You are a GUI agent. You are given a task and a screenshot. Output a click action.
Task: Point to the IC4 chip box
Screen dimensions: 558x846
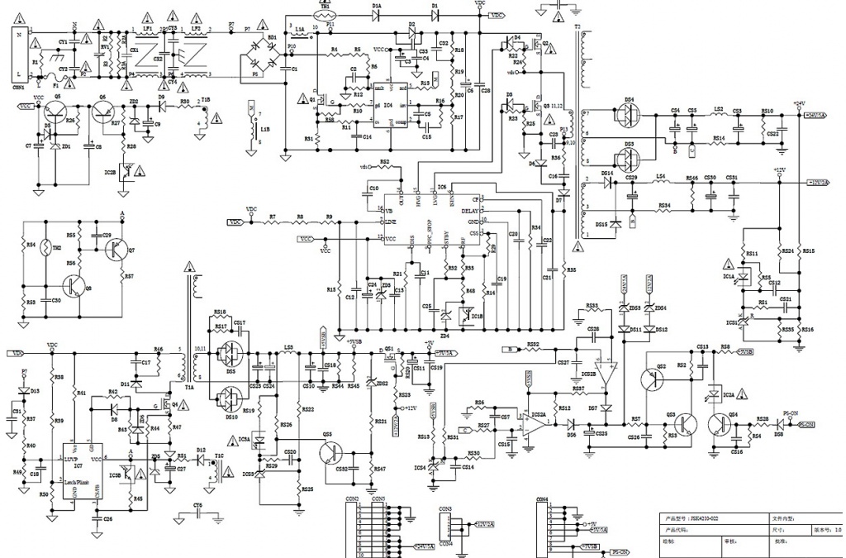pos(388,103)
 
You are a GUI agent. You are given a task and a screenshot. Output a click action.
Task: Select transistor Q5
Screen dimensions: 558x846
pos(59,115)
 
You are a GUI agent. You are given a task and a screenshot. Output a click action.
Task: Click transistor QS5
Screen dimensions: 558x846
pos(330,451)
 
